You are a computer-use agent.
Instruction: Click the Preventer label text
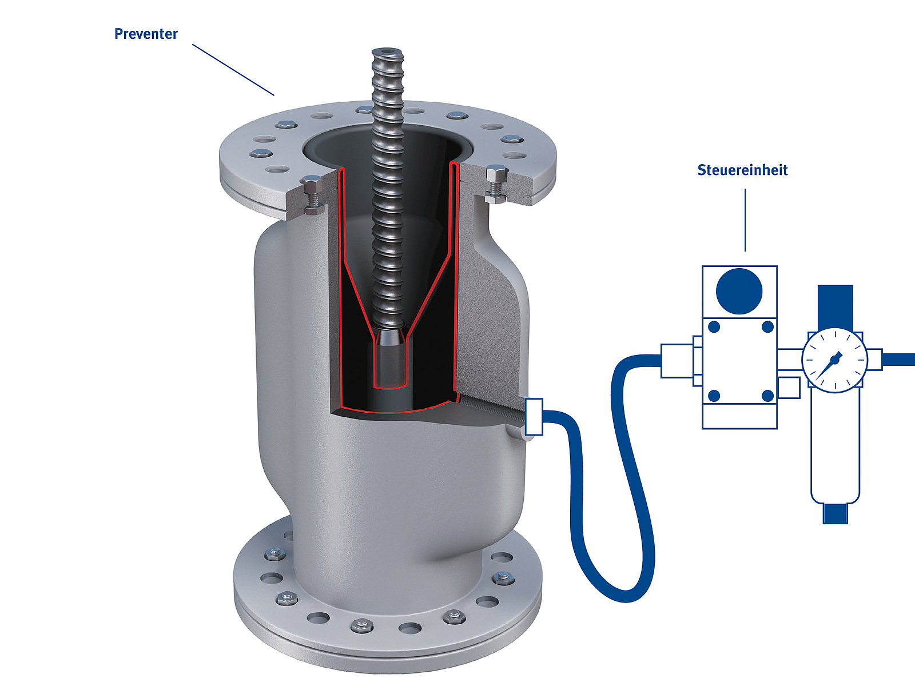click(x=146, y=34)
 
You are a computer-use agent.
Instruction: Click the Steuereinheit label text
click(x=742, y=170)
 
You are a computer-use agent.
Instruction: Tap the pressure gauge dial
click(x=834, y=361)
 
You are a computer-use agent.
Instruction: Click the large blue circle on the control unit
click(x=739, y=291)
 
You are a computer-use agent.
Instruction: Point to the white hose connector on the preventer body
click(x=534, y=417)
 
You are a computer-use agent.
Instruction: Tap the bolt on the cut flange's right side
click(x=496, y=184)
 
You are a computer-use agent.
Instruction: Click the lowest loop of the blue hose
click(x=625, y=595)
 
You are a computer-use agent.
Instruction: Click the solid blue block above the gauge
click(x=836, y=308)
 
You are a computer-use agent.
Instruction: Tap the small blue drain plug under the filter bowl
click(x=835, y=514)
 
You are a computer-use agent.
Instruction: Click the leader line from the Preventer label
click(x=233, y=70)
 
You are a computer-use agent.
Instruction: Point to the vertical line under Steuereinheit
click(x=745, y=220)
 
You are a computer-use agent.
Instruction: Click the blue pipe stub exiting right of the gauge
click(x=899, y=360)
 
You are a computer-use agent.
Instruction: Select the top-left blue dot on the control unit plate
click(x=714, y=326)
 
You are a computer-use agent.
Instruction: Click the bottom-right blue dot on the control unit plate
click(x=767, y=396)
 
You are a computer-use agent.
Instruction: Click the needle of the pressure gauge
click(x=828, y=366)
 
